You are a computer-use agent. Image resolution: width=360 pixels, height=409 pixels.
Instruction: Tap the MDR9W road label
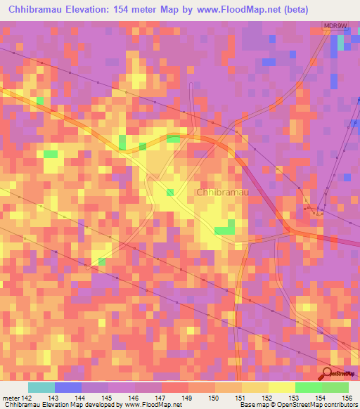click(x=335, y=27)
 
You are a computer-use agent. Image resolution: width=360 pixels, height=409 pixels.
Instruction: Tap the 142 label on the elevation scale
click(x=27, y=398)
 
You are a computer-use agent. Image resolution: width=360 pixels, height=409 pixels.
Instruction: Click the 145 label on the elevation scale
click(x=108, y=398)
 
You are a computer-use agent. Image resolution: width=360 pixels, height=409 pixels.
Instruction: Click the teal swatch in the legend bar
click(x=41, y=387)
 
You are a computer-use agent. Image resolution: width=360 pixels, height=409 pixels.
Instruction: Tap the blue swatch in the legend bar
click(x=67, y=387)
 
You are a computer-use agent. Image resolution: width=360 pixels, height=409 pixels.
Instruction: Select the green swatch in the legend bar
click(x=308, y=387)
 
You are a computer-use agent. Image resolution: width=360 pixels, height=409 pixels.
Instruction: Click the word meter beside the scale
click(x=10, y=398)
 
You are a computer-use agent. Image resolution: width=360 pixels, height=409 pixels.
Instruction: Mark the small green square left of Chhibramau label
click(x=170, y=192)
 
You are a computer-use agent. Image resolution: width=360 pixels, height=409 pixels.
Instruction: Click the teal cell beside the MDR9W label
click(x=341, y=41)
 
